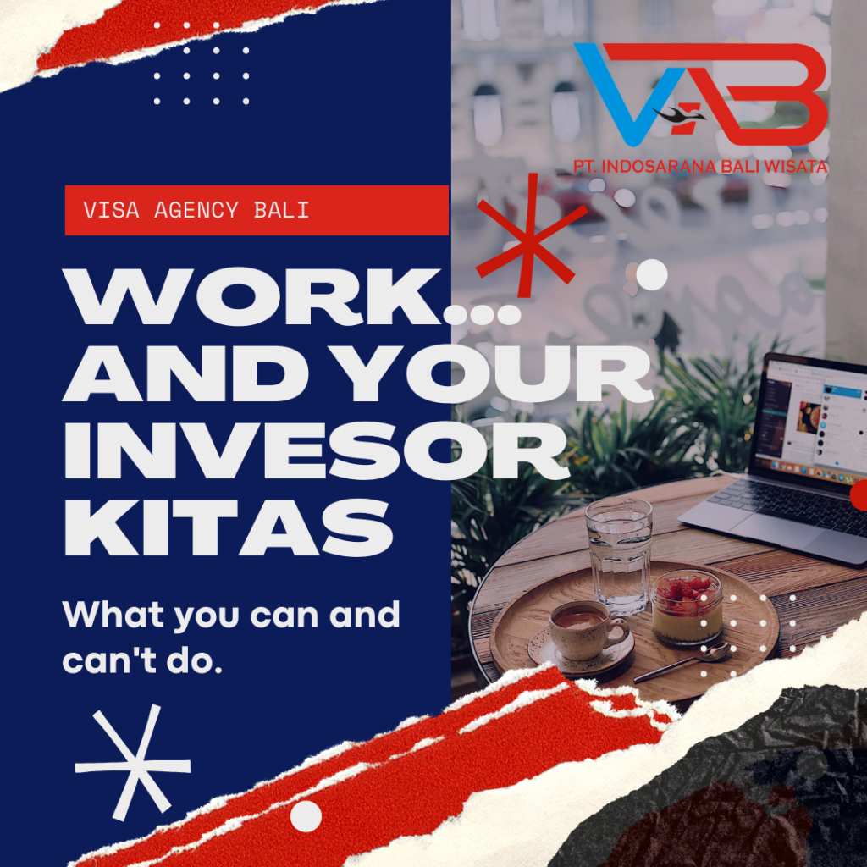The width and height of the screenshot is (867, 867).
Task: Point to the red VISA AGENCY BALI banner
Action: coord(257,210)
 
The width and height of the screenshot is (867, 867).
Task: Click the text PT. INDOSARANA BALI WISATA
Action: coord(700,167)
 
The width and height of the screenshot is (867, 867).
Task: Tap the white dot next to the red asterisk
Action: coord(651,274)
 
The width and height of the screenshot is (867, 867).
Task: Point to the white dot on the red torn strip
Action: coord(306,815)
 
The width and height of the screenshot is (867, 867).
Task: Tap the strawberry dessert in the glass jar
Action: coord(687,606)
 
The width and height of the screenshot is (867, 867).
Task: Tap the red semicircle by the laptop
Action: coord(859,495)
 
